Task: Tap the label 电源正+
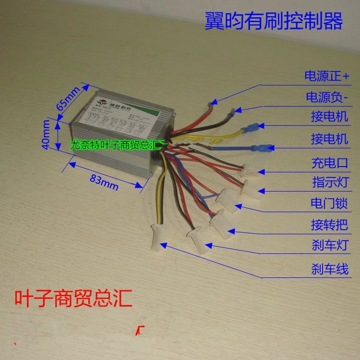tap(328, 76)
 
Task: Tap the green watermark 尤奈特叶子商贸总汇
tap(117, 144)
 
